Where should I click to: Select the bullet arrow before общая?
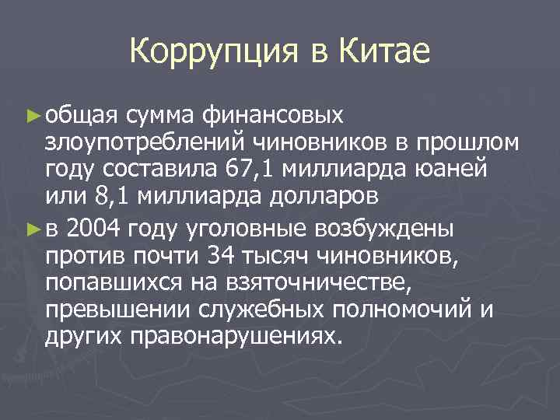[31, 116]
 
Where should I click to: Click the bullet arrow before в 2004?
[31, 230]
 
